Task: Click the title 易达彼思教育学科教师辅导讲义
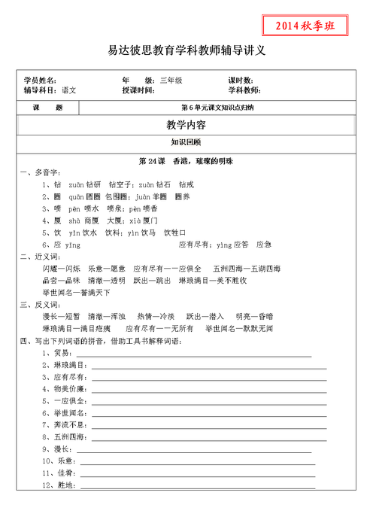pos(187,51)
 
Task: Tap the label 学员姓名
pos(40,80)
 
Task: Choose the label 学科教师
pos(244,90)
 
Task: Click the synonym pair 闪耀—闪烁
pos(61,268)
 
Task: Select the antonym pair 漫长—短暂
pos(61,316)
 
